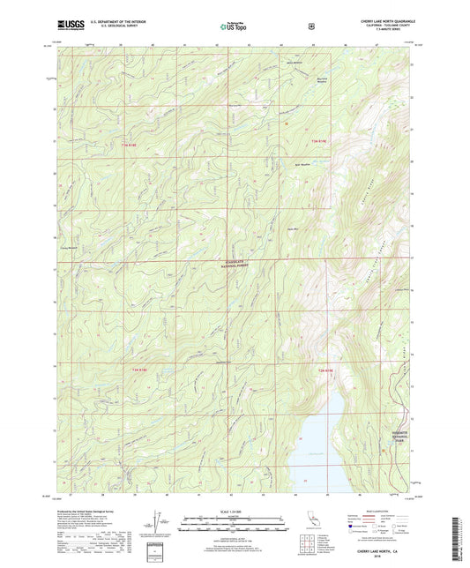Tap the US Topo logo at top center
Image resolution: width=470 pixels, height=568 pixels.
tap(233, 27)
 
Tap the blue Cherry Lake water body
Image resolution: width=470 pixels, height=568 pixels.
tap(315, 445)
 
